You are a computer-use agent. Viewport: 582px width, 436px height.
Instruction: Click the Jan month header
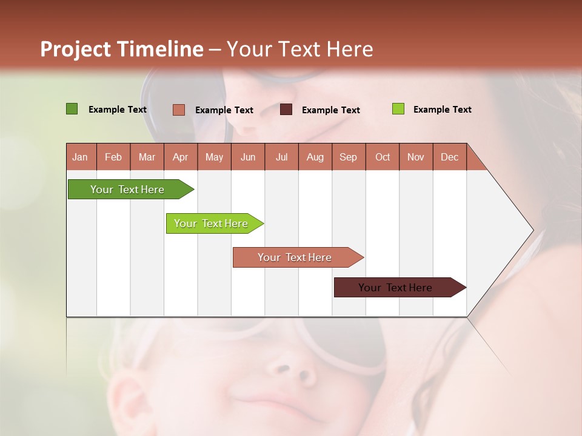tap(81, 157)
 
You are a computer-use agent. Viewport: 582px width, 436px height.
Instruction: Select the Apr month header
tap(181, 157)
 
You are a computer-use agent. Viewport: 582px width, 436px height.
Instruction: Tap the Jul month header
tap(281, 157)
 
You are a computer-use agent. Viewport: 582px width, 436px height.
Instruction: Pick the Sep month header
tap(348, 157)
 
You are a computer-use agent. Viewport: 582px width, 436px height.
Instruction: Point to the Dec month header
tap(449, 157)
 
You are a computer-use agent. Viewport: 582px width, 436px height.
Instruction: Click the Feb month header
tap(113, 157)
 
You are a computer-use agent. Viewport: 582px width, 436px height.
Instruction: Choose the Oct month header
tap(383, 157)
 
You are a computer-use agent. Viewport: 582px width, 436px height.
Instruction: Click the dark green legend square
tap(72, 109)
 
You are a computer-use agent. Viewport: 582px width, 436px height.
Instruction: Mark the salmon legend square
tap(178, 110)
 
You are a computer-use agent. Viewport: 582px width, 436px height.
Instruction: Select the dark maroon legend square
tap(286, 110)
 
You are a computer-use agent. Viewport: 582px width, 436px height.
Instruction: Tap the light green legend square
tap(398, 109)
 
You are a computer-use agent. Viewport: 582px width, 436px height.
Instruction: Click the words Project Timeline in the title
tap(121, 49)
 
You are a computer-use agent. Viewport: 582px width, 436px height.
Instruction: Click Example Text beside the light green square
tap(442, 110)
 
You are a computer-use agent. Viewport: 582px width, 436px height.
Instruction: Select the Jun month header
tap(248, 157)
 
